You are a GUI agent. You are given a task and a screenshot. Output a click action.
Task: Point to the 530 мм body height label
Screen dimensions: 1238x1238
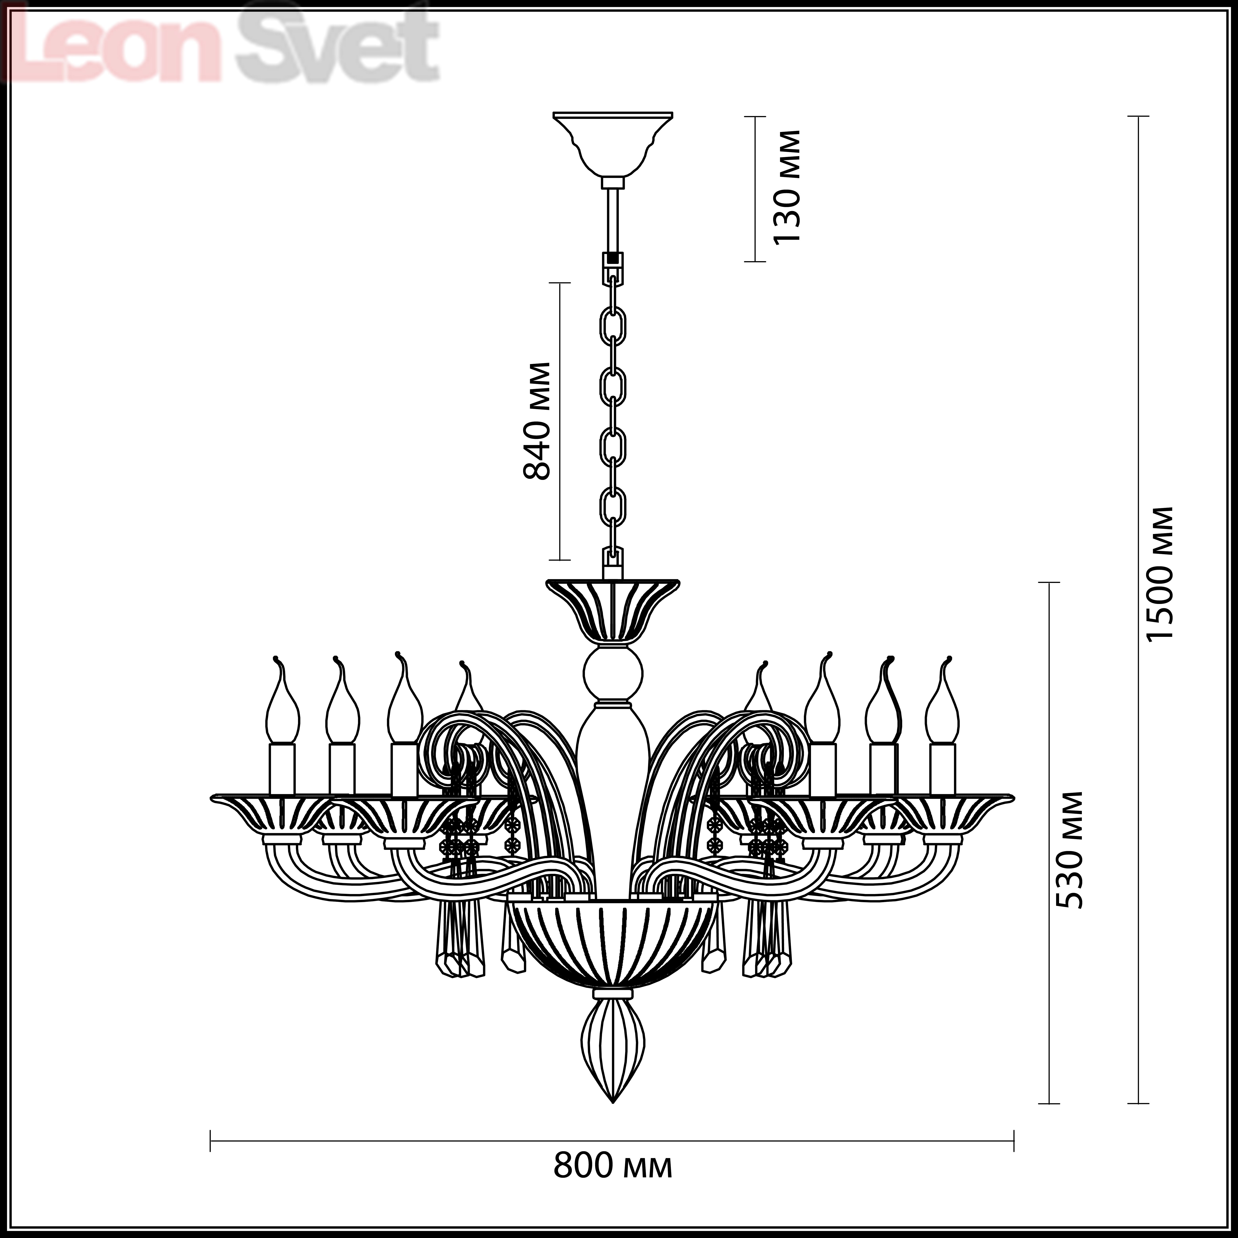point(1069,850)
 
